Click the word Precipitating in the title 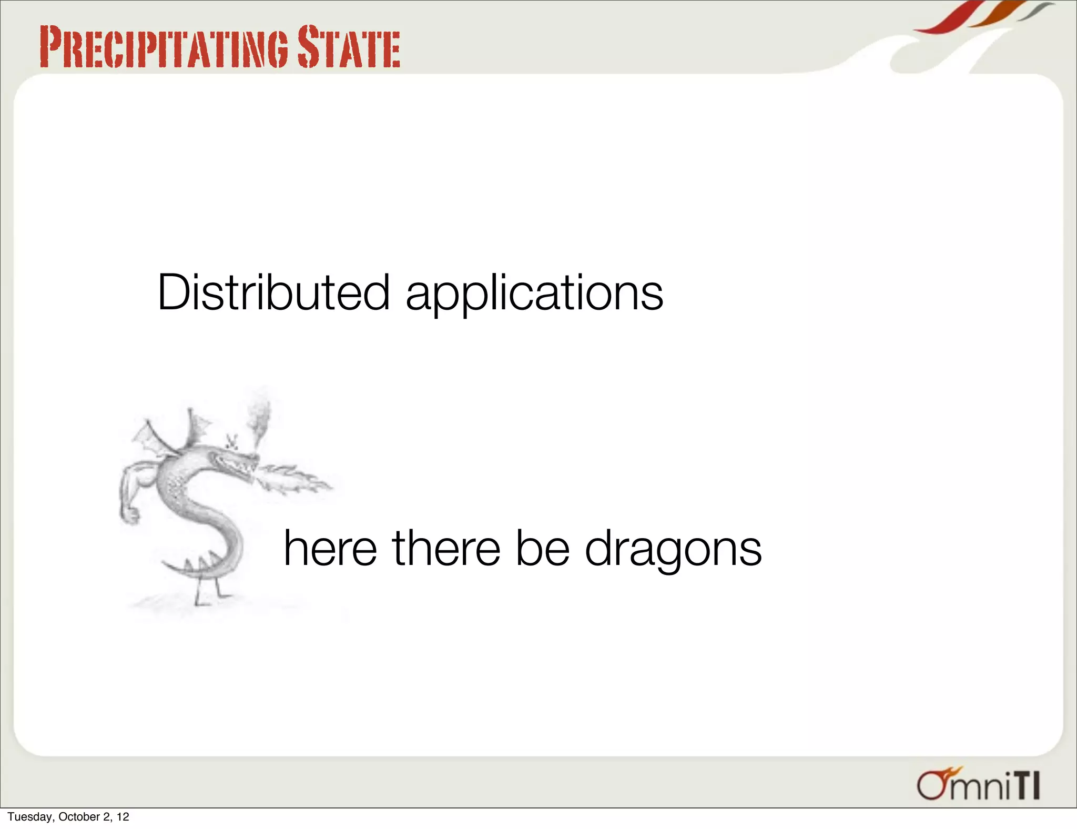pyautogui.click(x=163, y=48)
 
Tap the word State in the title pyautogui.click(x=348, y=48)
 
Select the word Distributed pyautogui.click(x=273, y=292)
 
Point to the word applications pyautogui.click(x=534, y=295)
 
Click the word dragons pyautogui.click(x=673, y=550)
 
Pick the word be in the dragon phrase pyautogui.click(x=543, y=548)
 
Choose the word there pyautogui.click(x=446, y=548)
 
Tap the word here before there pyautogui.click(x=330, y=548)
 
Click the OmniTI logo pyautogui.click(x=978, y=786)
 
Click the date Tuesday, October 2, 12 pyautogui.click(x=68, y=816)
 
